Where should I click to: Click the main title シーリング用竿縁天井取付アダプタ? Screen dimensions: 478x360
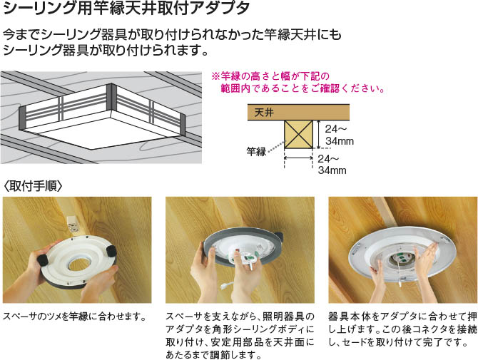[x=126, y=9]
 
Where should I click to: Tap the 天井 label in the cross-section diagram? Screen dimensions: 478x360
[x=264, y=113]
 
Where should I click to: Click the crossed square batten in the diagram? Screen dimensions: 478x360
[x=298, y=134]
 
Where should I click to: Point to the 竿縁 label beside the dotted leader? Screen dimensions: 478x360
[x=256, y=151]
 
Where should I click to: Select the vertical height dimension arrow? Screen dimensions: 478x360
[x=319, y=134]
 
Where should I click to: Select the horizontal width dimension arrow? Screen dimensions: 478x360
[x=298, y=158]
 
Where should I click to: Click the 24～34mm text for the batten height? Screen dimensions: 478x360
[x=339, y=135]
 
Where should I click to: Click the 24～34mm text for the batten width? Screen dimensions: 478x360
[x=332, y=165]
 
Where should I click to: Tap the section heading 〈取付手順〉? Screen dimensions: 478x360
[x=33, y=186]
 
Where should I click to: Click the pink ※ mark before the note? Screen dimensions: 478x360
[x=216, y=76]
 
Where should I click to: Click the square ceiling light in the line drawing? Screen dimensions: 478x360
[x=102, y=115]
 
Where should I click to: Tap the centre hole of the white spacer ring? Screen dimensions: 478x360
[x=79, y=264]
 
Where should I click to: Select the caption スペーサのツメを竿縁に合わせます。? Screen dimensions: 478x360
[x=76, y=317]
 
